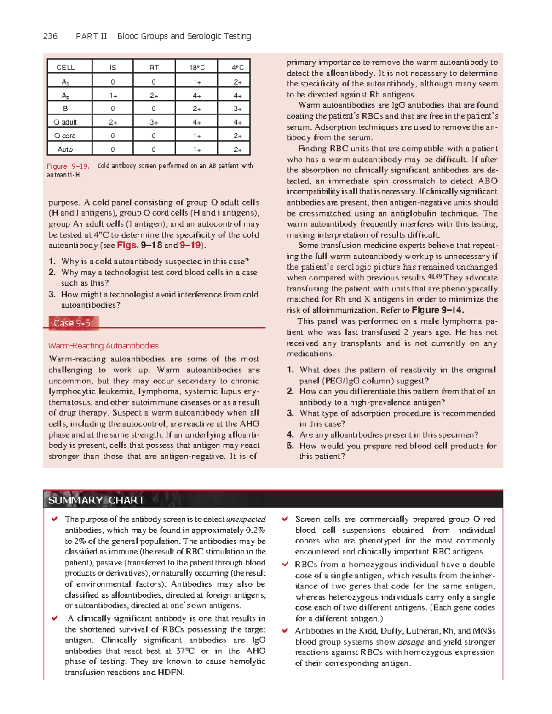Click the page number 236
(x=50, y=36)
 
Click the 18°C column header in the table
(x=197, y=68)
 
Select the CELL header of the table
(x=66, y=68)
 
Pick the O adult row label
(x=65, y=122)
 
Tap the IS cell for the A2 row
(x=113, y=96)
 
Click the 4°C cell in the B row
(x=237, y=109)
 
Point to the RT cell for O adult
(x=154, y=122)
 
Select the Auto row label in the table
(x=65, y=149)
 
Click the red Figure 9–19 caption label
(x=68, y=166)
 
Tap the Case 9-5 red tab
(x=72, y=323)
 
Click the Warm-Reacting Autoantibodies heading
(x=103, y=346)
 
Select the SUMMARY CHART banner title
(x=96, y=500)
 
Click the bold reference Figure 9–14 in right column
(x=437, y=310)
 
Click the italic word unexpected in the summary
(x=246, y=520)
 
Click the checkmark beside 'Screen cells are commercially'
(x=285, y=519)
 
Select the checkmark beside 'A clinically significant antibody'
(x=55, y=618)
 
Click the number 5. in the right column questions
(x=290, y=446)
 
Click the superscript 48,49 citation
(x=435, y=276)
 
